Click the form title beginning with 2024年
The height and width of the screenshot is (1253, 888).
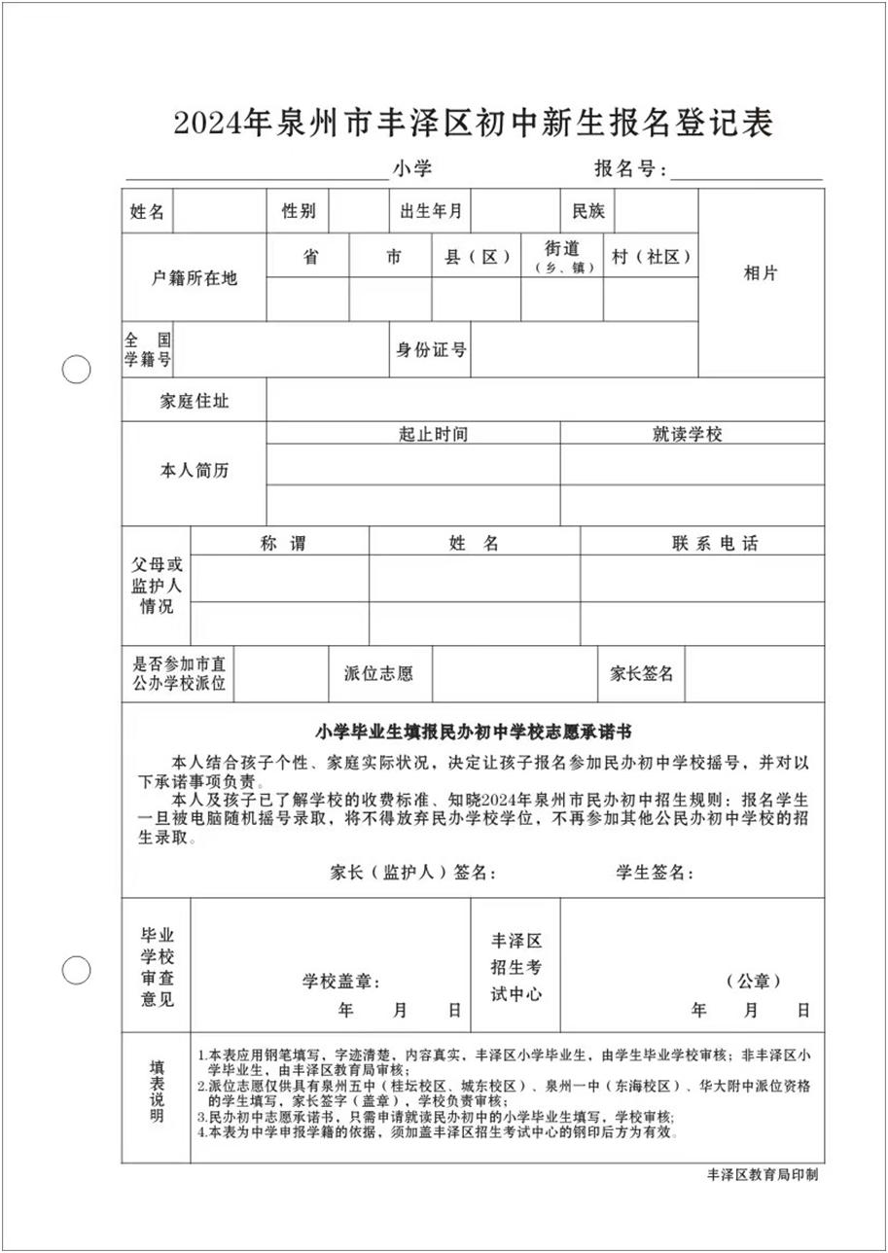point(473,124)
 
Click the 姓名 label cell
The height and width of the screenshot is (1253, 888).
point(147,211)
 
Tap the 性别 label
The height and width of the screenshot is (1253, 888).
point(299,211)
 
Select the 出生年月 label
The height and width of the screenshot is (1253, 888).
point(430,211)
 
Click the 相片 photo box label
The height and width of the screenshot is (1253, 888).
point(761,273)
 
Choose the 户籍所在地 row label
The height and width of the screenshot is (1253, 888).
point(195,278)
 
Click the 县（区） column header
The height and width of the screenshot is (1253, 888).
point(478,257)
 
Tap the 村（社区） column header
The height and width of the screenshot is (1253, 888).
point(651,257)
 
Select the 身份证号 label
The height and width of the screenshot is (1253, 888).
point(430,350)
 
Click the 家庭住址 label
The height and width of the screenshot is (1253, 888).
point(195,400)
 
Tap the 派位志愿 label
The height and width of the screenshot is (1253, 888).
point(378,673)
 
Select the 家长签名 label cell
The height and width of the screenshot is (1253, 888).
point(641,673)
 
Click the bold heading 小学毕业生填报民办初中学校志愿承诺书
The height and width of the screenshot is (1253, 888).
point(473,731)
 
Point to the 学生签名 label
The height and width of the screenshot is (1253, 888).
point(654,873)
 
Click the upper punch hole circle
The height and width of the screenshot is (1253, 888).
point(76,370)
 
